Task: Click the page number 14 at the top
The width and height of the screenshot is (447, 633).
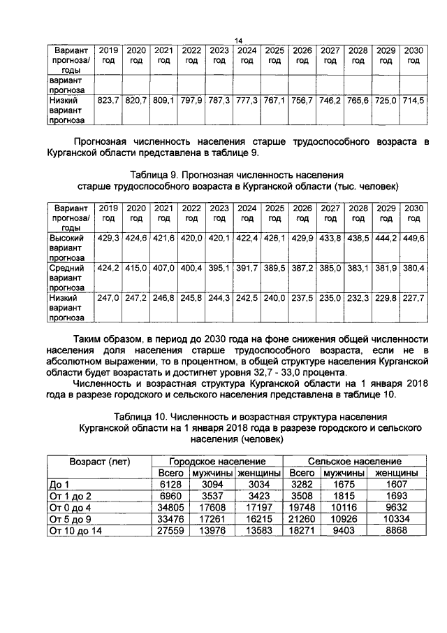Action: pos(237,40)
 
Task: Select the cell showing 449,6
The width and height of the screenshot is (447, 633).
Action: pos(413,239)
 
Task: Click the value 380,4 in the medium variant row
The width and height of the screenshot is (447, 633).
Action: pos(413,268)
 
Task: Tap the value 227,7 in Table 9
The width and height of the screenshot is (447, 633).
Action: pos(413,297)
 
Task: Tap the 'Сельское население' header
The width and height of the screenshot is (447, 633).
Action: pos(356,462)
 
